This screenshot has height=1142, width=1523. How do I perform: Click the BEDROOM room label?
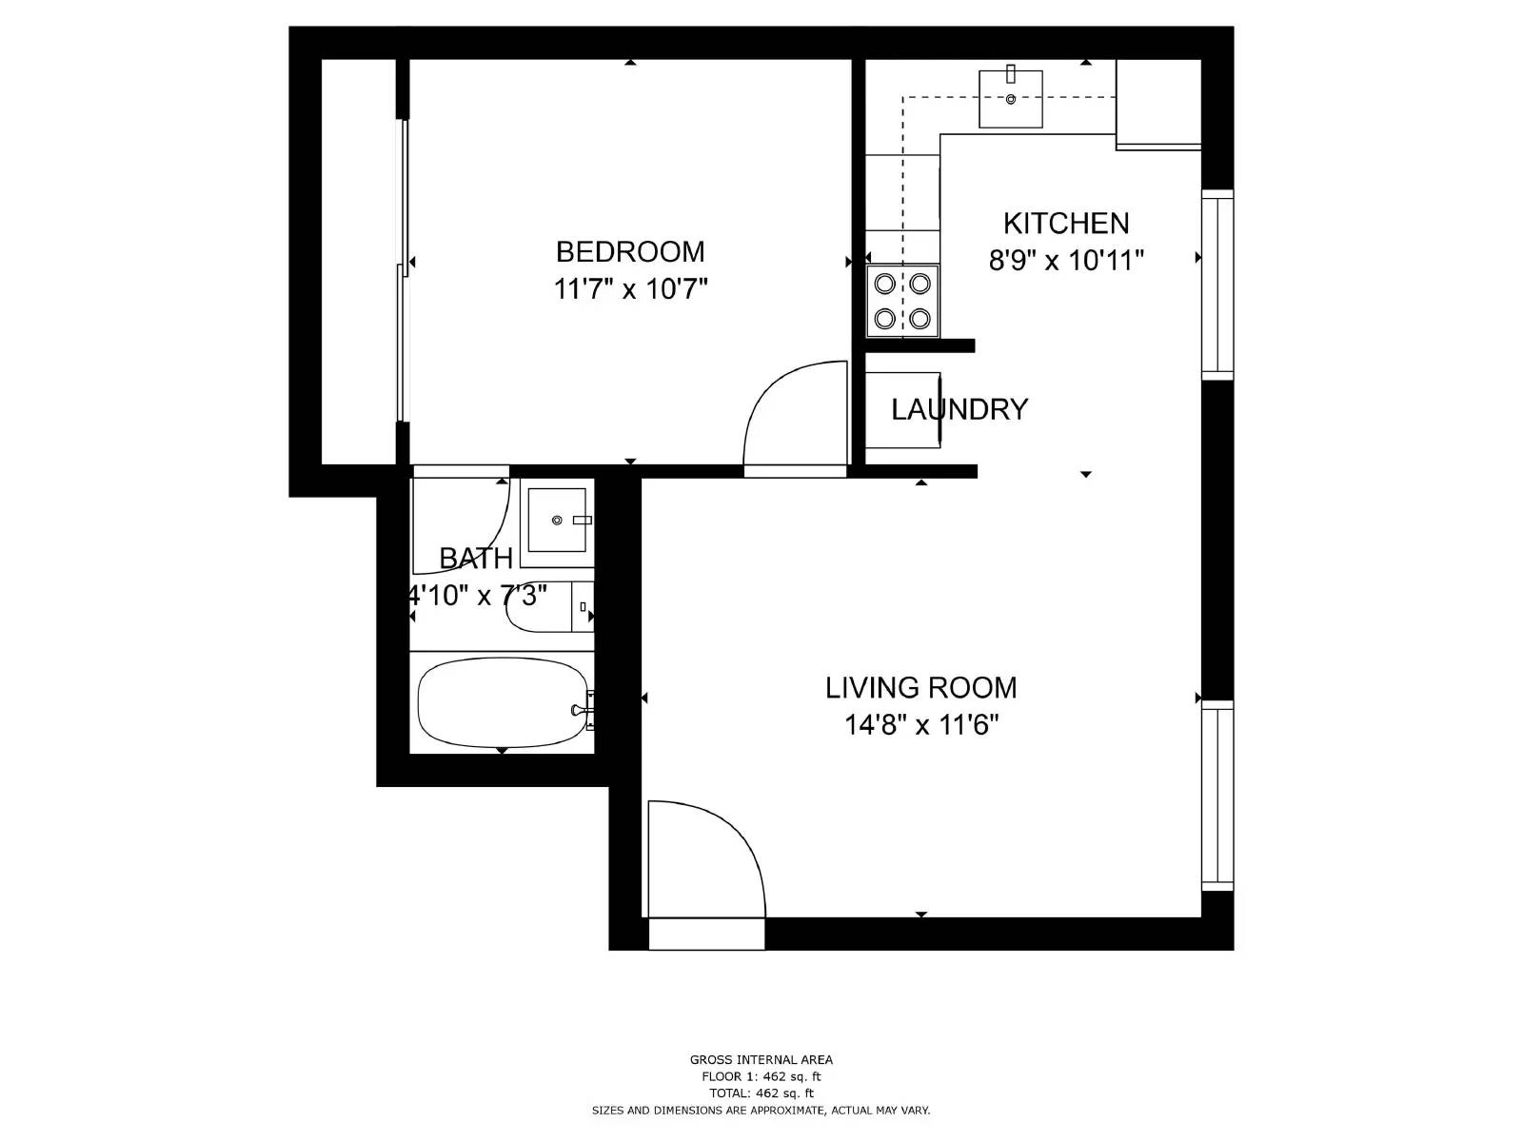630,252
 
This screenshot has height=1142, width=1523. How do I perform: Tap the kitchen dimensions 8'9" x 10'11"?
1066,260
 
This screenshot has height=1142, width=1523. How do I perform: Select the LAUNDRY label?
959,409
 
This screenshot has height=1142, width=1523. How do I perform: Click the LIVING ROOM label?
920,687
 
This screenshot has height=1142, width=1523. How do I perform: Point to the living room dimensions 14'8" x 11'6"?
920,726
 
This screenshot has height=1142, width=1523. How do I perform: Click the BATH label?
476,558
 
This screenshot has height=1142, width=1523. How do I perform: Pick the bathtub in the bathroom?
503,703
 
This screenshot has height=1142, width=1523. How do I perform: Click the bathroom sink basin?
557,520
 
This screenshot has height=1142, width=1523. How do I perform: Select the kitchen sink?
1011,98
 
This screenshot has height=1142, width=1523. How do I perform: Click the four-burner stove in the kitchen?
902,301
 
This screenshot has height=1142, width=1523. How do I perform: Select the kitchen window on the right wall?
1216,284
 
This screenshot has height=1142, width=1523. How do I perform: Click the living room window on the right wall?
1216,796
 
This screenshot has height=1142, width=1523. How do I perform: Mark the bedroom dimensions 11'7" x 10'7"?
630,289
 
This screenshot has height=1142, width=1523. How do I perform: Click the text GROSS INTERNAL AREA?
761,1059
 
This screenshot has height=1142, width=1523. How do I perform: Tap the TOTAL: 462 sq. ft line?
761,1093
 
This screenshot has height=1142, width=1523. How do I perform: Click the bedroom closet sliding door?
404,271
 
